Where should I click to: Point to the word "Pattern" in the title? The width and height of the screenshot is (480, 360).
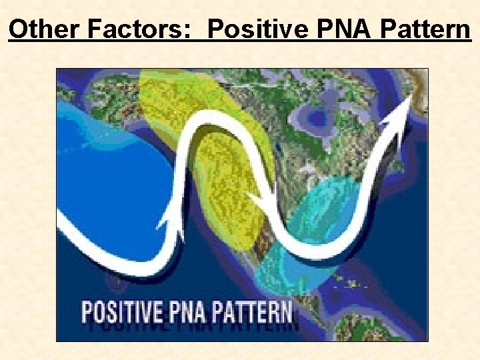coord(425,29)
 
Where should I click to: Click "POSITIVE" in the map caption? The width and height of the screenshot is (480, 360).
coord(121,313)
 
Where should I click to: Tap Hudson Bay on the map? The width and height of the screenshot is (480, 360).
coord(319,117)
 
